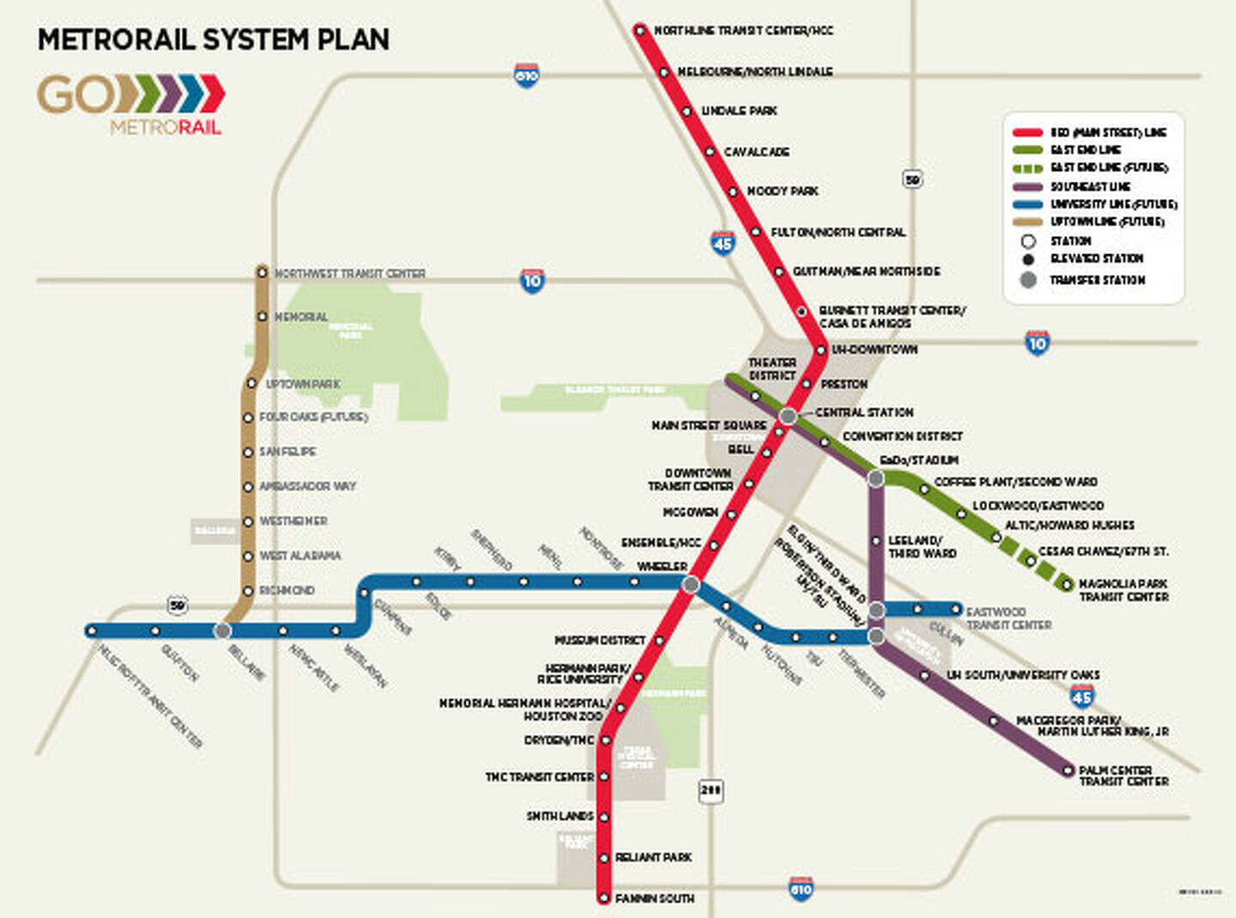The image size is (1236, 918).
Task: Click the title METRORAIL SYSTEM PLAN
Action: tap(213, 40)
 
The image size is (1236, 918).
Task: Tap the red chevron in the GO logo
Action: tap(212, 94)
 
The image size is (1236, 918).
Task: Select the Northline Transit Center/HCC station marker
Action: tap(639, 30)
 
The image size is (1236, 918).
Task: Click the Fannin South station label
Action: tap(654, 898)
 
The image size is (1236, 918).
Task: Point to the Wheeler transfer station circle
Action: tap(690, 585)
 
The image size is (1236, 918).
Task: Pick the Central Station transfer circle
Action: tap(788, 416)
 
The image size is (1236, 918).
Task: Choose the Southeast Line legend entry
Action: tap(1090, 186)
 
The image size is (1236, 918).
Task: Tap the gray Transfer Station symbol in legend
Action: tap(1028, 280)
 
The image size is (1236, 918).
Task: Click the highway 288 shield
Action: tap(711, 790)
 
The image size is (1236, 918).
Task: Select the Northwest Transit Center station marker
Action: tap(263, 271)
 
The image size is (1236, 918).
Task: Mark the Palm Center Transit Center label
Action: tap(1124, 775)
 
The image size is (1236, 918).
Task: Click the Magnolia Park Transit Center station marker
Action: tap(1067, 585)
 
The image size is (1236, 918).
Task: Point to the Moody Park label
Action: tap(782, 191)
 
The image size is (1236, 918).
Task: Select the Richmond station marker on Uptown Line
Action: tap(248, 591)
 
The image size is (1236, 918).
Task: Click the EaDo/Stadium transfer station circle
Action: tap(875, 478)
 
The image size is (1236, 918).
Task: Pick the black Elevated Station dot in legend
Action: tap(1028, 258)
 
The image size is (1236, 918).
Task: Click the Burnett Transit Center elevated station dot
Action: tap(802, 312)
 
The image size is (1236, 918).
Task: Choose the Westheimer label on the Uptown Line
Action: tap(294, 521)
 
